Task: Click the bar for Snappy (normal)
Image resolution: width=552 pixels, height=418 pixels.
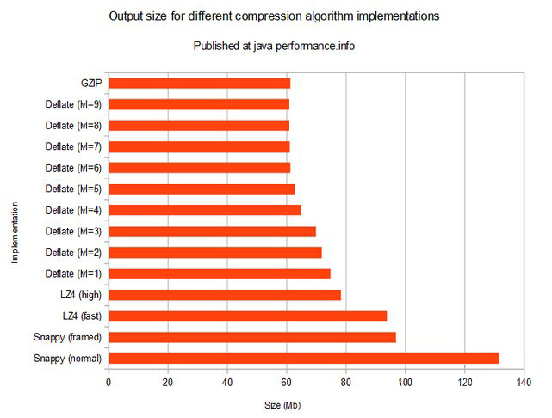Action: coord(304,358)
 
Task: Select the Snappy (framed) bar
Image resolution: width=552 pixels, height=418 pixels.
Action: coord(252,337)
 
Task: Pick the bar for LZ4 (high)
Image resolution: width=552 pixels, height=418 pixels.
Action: coord(225,295)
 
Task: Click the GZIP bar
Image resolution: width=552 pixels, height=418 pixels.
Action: coord(200,84)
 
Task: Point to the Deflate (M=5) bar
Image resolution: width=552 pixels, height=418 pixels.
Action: coord(202,189)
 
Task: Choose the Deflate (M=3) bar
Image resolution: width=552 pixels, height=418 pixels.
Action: coord(213,231)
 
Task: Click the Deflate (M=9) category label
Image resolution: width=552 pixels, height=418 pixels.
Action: coord(74,105)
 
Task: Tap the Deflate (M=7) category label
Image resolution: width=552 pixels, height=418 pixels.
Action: coord(74,147)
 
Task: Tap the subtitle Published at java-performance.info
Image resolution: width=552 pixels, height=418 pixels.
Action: coord(275,46)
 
